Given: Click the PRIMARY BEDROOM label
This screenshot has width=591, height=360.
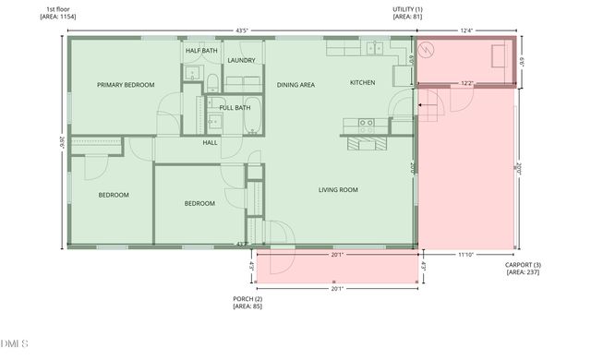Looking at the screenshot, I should [x=126, y=84].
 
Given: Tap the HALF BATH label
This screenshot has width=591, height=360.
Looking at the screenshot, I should [x=201, y=51].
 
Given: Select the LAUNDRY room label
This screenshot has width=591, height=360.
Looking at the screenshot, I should [x=241, y=61].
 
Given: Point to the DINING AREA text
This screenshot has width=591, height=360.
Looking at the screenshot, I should [x=295, y=84].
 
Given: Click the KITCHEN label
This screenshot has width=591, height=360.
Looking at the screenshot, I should [x=362, y=83].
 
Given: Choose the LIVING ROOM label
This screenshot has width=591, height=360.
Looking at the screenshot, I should [x=338, y=190].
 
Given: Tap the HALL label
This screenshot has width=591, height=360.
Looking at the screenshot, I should [x=210, y=143].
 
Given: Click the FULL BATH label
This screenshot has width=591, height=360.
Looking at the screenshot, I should [x=235, y=108].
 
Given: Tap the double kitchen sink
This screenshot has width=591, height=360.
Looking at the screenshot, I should [x=372, y=48].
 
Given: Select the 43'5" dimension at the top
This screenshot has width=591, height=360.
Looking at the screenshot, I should [x=242, y=30].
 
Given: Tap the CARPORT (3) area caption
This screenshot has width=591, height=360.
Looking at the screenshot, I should [x=523, y=269].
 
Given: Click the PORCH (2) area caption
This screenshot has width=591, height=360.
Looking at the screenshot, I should [x=247, y=303].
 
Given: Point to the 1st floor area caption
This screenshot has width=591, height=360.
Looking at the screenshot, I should [x=55, y=13].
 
